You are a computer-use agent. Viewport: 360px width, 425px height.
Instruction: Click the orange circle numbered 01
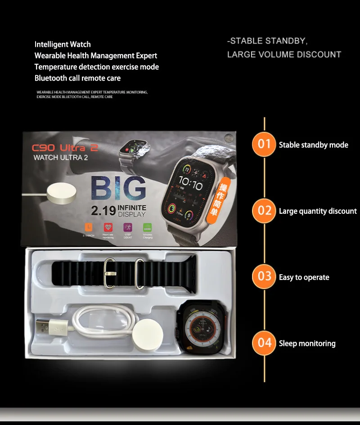point(264,145)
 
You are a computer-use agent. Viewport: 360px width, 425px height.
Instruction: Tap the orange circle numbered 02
point(264,210)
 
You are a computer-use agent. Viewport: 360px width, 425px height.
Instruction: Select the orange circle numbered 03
point(264,276)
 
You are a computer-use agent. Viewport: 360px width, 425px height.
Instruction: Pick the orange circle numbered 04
point(264,343)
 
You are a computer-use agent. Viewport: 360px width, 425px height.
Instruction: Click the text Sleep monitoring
point(307,344)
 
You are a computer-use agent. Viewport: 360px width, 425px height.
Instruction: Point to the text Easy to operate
point(304,277)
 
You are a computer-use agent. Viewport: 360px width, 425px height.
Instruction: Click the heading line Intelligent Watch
point(63,44)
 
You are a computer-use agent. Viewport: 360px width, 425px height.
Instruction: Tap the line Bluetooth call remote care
point(77,78)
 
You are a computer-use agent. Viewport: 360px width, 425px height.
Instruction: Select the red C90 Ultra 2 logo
point(65,148)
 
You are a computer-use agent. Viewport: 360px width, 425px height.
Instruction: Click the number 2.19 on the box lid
point(103,211)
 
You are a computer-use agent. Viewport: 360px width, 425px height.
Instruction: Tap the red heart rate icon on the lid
point(108,227)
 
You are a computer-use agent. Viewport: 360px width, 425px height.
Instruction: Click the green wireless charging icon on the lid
point(148,227)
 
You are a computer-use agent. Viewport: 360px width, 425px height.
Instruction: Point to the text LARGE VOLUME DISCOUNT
point(284,54)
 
